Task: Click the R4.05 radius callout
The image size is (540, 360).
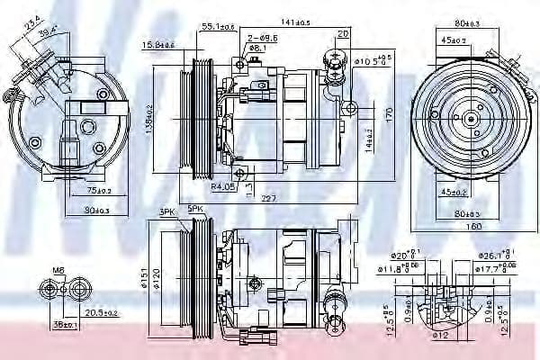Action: [x=224, y=187]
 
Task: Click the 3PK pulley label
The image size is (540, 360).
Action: [x=166, y=212]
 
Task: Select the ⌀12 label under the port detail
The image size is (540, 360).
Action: [x=440, y=336]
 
